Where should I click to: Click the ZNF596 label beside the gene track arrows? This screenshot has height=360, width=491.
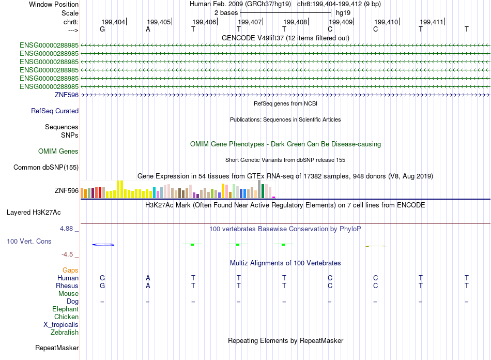[x=67, y=95]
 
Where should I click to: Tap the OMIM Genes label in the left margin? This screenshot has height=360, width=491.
[x=58, y=152]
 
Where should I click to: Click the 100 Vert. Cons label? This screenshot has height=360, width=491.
[x=29, y=242]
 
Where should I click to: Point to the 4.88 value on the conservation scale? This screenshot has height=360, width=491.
[x=68, y=228]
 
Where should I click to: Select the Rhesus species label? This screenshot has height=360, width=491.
[x=67, y=286]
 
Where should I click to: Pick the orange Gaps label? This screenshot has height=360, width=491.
[x=70, y=271]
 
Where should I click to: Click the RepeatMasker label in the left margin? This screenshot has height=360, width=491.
[x=57, y=348]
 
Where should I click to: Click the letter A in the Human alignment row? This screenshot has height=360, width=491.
[x=148, y=278]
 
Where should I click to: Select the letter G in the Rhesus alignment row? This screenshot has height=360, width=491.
[x=102, y=286]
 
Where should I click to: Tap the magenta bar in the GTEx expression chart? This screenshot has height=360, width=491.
[x=274, y=197]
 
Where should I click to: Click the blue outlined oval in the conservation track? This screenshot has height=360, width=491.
[x=103, y=244]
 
